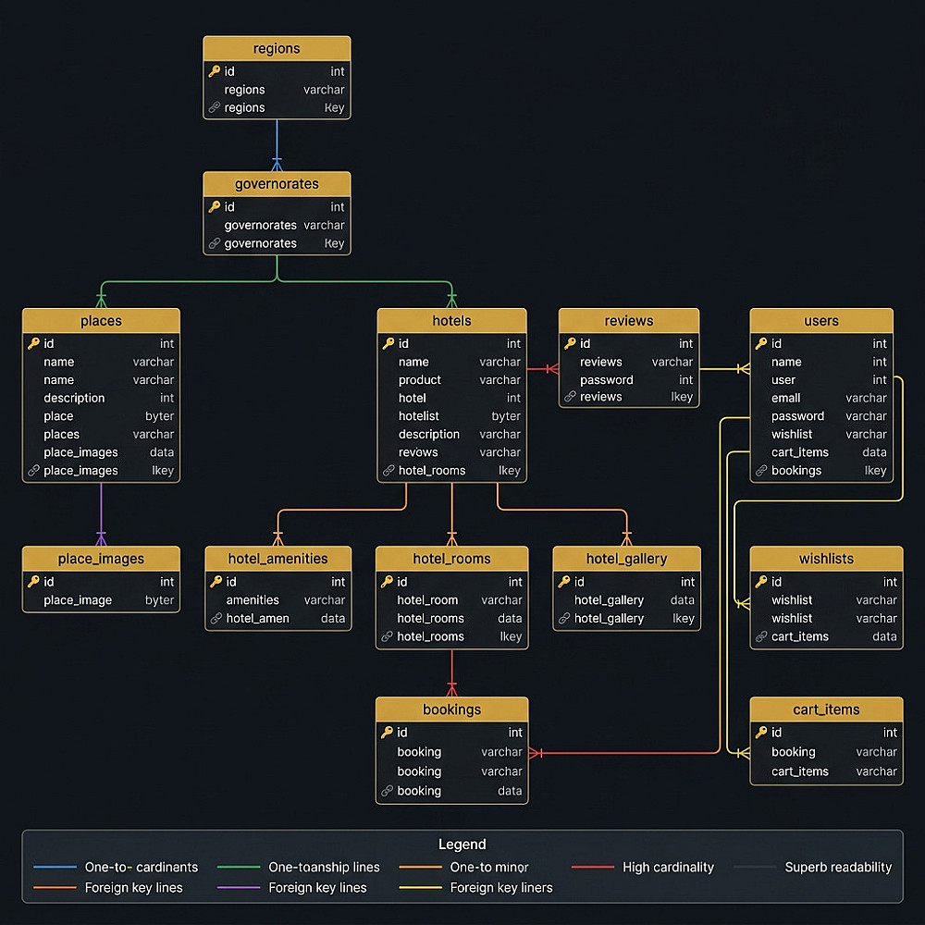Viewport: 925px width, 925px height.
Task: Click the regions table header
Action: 277,48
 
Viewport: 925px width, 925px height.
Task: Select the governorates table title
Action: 277,184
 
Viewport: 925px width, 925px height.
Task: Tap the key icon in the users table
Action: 761,343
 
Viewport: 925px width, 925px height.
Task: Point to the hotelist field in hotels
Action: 419,416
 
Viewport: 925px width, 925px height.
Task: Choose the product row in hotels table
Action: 452,380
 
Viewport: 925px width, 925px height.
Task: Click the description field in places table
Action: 74,398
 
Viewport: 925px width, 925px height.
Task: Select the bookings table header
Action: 452,709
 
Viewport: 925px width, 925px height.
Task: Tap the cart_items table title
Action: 826,709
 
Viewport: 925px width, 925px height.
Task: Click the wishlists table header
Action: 826,559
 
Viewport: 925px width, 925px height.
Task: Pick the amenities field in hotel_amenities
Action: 253,600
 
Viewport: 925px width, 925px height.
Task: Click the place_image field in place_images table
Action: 78,600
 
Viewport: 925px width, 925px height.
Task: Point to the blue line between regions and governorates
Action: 277,145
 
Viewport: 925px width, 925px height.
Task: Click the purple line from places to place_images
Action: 101,514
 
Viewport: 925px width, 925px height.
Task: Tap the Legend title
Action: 462,845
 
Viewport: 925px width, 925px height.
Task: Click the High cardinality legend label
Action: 669,868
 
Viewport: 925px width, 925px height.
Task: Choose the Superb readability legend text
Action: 838,868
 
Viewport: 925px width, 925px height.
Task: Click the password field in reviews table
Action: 607,380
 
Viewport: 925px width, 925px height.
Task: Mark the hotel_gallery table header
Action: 626,559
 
